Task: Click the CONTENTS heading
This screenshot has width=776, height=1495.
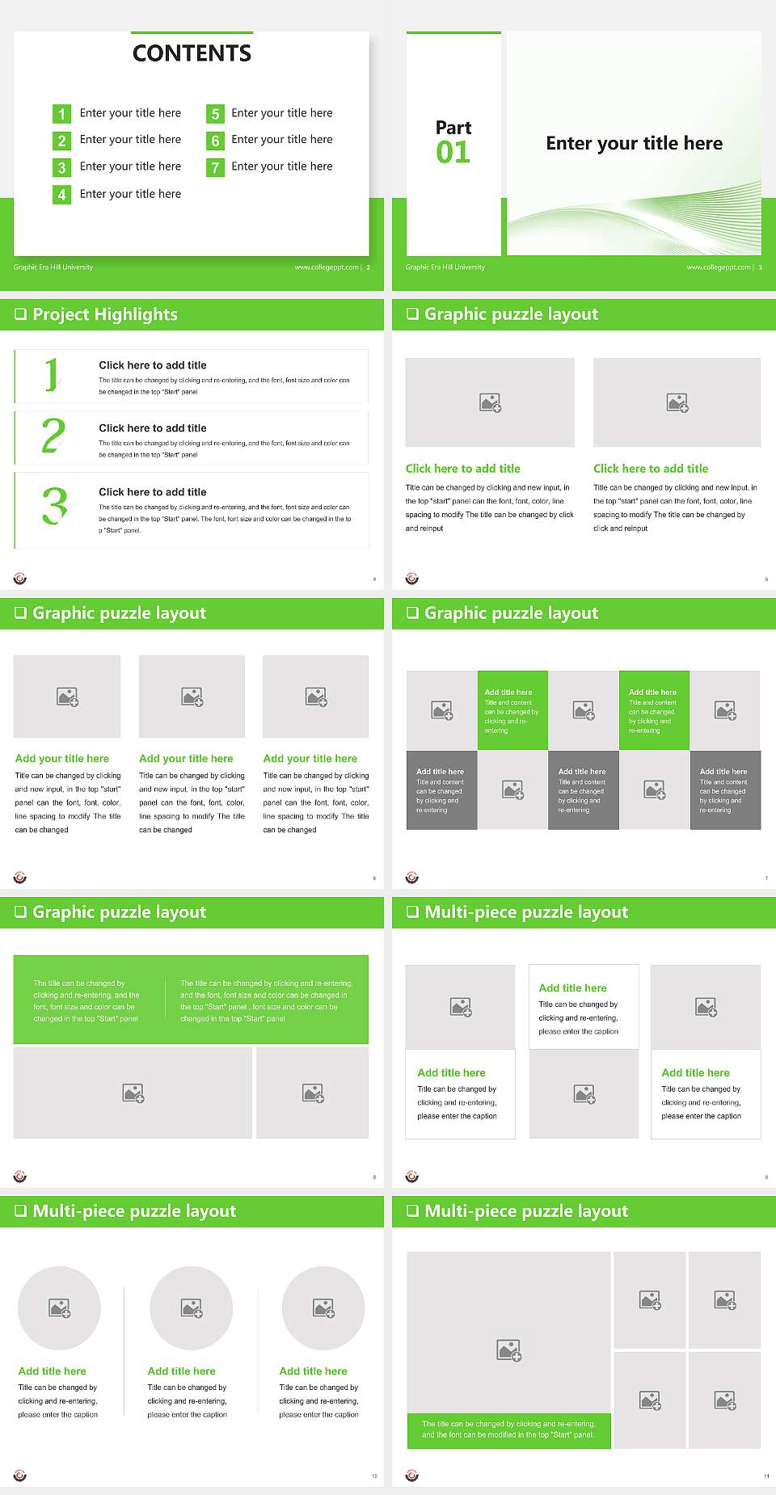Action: click(x=192, y=53)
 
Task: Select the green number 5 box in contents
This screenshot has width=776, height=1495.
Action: click(x=215, y=114)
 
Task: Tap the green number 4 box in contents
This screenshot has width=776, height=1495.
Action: click(x=61, y=195)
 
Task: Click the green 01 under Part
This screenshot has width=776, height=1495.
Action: click(x=453, y=153)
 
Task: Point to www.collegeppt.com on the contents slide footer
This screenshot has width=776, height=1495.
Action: click(x=327, y=267)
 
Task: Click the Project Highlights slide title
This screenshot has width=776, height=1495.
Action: click(x=104, y=314)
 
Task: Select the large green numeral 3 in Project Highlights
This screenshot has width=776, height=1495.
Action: click(x=54, y=507)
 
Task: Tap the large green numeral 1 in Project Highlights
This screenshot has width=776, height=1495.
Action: click(x=52, y=375)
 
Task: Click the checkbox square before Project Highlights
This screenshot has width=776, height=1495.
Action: click(x=21, y=314)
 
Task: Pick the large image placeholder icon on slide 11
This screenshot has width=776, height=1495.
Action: click(x=509, y=1350)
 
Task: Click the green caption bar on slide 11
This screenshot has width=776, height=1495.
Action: click(x=508, y=1430)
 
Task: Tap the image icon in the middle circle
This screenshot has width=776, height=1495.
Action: click(x=192, y=1308)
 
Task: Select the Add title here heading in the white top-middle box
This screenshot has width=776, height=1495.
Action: click(x=572, y=988)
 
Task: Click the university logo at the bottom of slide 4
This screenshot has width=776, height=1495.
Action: click(x=20, y=579)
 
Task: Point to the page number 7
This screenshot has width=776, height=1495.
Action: click(x=766, y=878)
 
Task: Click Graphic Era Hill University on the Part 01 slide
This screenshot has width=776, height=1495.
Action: click(x=445, y=267)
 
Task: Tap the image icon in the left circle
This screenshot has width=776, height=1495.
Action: click(x=60, y=1308)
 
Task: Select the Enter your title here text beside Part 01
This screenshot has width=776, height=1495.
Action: click(x=634, y=144)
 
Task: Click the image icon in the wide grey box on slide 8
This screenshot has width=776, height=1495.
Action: click(x=133, y=1093)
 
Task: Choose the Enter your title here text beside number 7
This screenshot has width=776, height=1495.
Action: click(x=281, y=166)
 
